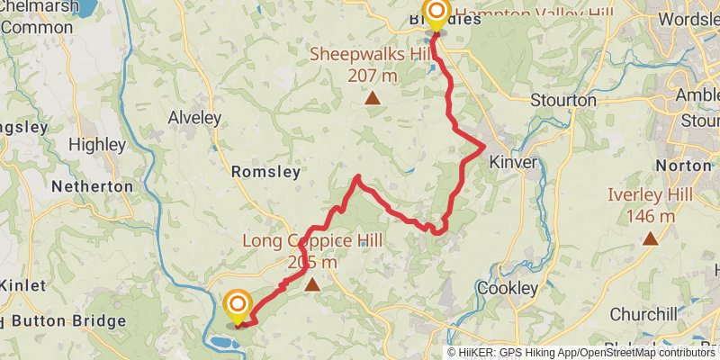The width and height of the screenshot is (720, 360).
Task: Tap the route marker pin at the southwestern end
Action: [238, 305]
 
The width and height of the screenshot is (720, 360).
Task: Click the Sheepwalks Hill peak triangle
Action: [371, 97]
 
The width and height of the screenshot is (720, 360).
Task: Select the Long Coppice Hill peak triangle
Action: [312, 285]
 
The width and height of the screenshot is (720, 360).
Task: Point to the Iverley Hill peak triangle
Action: [650, 238]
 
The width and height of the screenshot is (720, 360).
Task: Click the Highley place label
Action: [97, 144]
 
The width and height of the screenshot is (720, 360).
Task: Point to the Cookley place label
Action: [508, 289]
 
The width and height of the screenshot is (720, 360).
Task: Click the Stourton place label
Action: [563, 100]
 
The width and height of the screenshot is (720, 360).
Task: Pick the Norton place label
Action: [684, 166]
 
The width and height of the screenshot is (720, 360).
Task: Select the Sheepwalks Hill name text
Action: [371, 53]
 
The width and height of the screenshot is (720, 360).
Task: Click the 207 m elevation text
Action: [371, 76]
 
